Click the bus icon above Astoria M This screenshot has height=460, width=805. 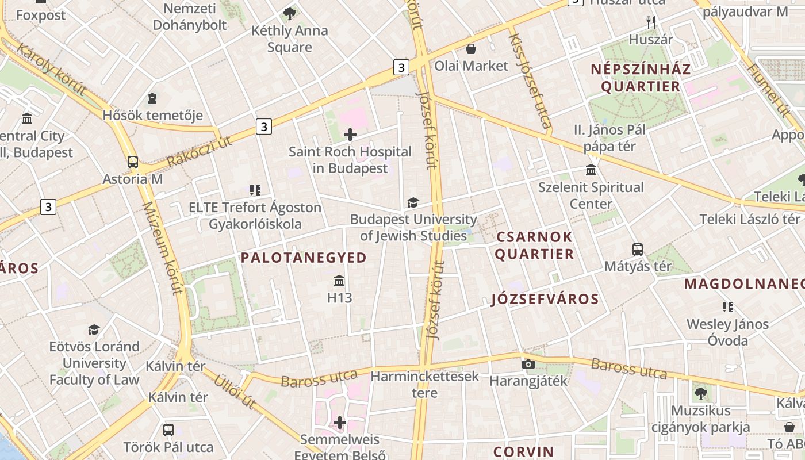click(133, 162)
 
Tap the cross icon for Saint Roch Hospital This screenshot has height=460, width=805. click(350, 135)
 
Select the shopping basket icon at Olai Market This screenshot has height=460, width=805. click(471, 49)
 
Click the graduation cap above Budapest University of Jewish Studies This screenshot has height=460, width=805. click(413, 202)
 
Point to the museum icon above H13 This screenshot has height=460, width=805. click(339, 281)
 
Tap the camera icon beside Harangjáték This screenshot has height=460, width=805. click(528, 364)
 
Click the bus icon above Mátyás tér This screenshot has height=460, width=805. click(638, 250)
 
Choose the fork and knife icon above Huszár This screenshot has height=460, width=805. click(651, 22)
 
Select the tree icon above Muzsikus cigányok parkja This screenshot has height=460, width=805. click(700, 394)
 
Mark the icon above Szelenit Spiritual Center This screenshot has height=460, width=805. click(591, 170)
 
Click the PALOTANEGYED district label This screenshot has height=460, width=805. click(304, 258)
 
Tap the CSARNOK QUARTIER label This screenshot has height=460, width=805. click(534, 245)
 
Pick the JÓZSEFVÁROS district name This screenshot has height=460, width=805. click(545, 299)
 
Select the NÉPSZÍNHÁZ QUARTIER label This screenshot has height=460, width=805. click(641, 78)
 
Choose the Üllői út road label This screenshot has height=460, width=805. click(234, 390)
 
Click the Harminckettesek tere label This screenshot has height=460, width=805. click(425, 385)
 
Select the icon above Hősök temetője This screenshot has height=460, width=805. click(152, 98)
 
